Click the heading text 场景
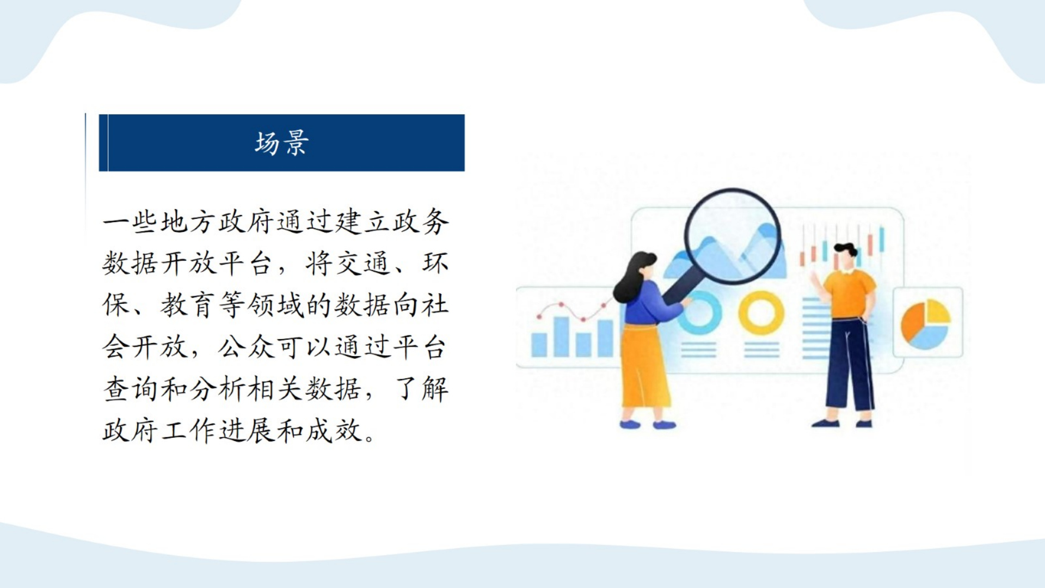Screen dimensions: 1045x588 (x=281, y=143)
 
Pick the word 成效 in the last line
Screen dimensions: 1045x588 (x=334, y=431)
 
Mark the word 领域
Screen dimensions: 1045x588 (x=275, y=305)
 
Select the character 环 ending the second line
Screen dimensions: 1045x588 (x=435, y=264)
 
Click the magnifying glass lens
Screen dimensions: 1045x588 (x=732, y=236)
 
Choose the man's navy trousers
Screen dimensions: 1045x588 (x=849, y=365)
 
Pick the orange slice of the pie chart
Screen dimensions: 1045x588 (x=912, y=321)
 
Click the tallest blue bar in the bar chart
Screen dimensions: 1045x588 (x=561, y=336)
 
